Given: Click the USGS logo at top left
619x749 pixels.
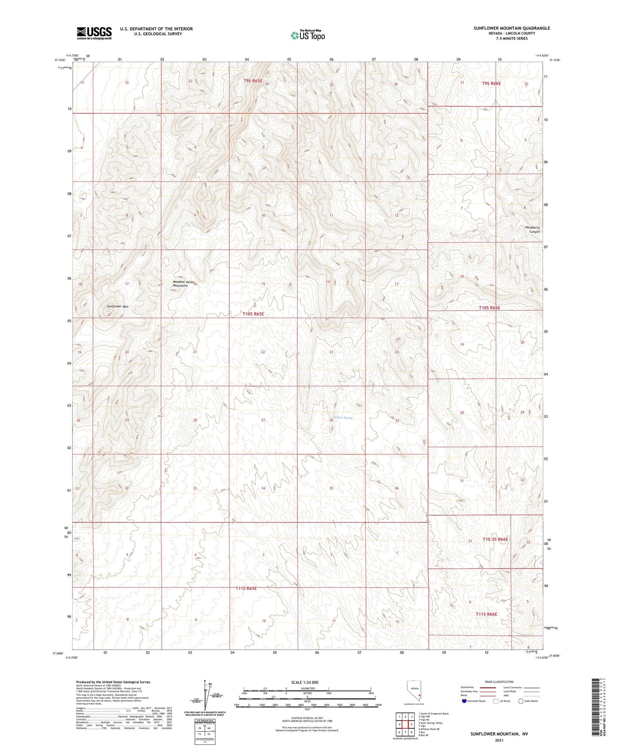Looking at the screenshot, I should point(94,33).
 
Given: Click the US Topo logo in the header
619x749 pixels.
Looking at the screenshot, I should point(307,36).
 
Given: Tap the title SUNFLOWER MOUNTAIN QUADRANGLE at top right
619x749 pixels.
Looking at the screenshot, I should point(512,28).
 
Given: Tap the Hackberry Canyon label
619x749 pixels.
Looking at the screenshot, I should point(532,229).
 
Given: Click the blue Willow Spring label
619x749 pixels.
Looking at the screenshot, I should point(343,418).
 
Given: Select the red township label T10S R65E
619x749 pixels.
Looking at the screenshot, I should point(253,314).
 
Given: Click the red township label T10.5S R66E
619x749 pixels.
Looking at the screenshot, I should point(495,539).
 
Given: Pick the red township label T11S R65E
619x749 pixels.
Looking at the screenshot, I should point(246,588).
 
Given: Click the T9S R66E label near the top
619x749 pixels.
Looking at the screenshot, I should point(491,83).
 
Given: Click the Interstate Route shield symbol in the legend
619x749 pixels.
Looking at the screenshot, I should point(464,701).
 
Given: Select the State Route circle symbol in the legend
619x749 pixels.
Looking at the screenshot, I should point(521,701).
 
